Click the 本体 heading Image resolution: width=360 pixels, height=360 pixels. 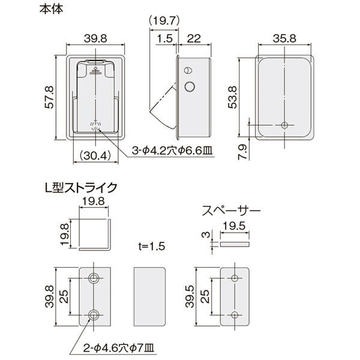tap(51, 10)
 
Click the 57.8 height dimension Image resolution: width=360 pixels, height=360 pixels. tap(50, 97)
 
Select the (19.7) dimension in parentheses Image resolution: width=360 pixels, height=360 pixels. tap(164, 21)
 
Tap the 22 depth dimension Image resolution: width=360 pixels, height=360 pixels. tap(194, 38)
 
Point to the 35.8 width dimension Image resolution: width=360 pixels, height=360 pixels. tap(284, 38)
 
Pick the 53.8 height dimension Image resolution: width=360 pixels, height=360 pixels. tap(232, 97)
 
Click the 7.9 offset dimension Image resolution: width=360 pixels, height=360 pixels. tap(242, 152)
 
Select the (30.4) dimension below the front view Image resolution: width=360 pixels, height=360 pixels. tap(95, 156)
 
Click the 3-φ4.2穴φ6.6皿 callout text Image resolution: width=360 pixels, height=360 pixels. tap(172, 151)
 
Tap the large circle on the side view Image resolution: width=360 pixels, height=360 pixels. tap(190, 87)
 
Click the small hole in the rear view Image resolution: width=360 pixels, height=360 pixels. tap(284, 125)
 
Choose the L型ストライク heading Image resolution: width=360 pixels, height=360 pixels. tap(81, 188)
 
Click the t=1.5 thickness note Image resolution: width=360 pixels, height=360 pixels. tap(152, 246)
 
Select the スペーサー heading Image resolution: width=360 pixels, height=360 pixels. tap(231, 211)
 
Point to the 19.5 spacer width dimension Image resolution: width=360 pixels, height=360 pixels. tap(234, 226)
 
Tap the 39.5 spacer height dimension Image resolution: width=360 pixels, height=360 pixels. tap(191, 296)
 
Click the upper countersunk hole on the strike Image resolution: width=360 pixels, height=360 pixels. tap(94, 278)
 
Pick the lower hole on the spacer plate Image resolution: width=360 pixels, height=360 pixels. tap(235, 314)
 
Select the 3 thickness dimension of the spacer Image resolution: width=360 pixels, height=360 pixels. tap(206, 235)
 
